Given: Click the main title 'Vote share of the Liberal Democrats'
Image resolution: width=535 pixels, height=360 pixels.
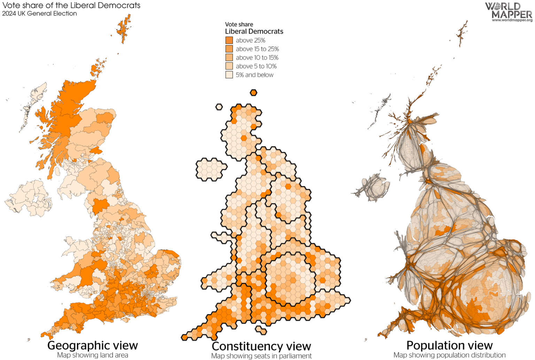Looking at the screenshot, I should pos(71,5).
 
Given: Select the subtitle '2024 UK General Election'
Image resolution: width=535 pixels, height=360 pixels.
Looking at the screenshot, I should pos(39,14).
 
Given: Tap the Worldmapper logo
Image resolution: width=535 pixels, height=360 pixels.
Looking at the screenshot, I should pos(509,12).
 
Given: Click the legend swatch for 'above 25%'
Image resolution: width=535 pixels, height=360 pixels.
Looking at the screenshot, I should pos(229,40).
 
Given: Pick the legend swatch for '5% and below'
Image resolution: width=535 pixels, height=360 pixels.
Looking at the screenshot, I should pos(229,75).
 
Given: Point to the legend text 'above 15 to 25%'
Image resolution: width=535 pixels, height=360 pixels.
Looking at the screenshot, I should pos(257,49).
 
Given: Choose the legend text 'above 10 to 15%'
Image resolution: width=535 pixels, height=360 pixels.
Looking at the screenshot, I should pos(257,58).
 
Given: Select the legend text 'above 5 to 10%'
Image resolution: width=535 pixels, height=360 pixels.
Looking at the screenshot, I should pos(256,66).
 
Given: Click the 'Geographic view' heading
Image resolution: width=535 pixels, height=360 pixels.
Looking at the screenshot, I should pos(93,345).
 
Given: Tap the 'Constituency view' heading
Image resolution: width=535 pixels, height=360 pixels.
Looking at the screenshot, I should pos(261,346).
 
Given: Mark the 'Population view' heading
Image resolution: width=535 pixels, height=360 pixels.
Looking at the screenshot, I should pos(449,345).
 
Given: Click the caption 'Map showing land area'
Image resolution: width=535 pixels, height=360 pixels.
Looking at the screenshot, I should pos(93,355).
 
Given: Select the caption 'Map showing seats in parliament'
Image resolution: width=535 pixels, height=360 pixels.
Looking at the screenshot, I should pos(261,356).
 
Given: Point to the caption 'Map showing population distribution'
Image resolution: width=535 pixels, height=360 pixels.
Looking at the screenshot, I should pos(449,355).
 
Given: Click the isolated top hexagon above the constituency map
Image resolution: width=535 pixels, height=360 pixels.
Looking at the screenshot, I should pos(254,93).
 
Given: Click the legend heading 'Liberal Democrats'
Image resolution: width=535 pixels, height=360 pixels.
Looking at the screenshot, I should pos(254,32).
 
